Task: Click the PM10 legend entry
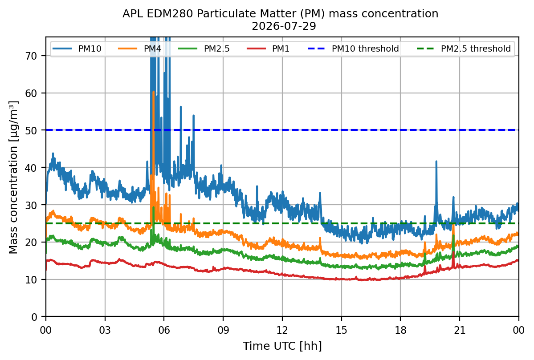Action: [x=77, y=49]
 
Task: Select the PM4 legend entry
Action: [x=140, y=49]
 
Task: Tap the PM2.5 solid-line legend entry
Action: [x=204, y=49]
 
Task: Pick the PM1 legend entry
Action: [x=268, y=49]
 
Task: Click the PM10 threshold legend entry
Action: [x=353, y=49]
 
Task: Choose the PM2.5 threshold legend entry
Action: [x=464, y=49]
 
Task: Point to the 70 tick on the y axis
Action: [x=31, y=56]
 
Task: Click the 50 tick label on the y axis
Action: [x=31, y=130]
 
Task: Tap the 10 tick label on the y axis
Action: [x=31, y=280]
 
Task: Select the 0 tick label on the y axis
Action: [x=34, y=317]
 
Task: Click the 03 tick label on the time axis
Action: [x=105, y=330]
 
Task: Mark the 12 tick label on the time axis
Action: [x=282, y=330]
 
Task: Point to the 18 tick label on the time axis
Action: [x=400, y=330]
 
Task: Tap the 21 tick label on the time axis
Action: [x=460, y=330]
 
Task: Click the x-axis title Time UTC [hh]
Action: [x=282, y=346]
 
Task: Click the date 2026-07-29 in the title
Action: [x=284, y=26]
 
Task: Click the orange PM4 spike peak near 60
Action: [x=154, y=92]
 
